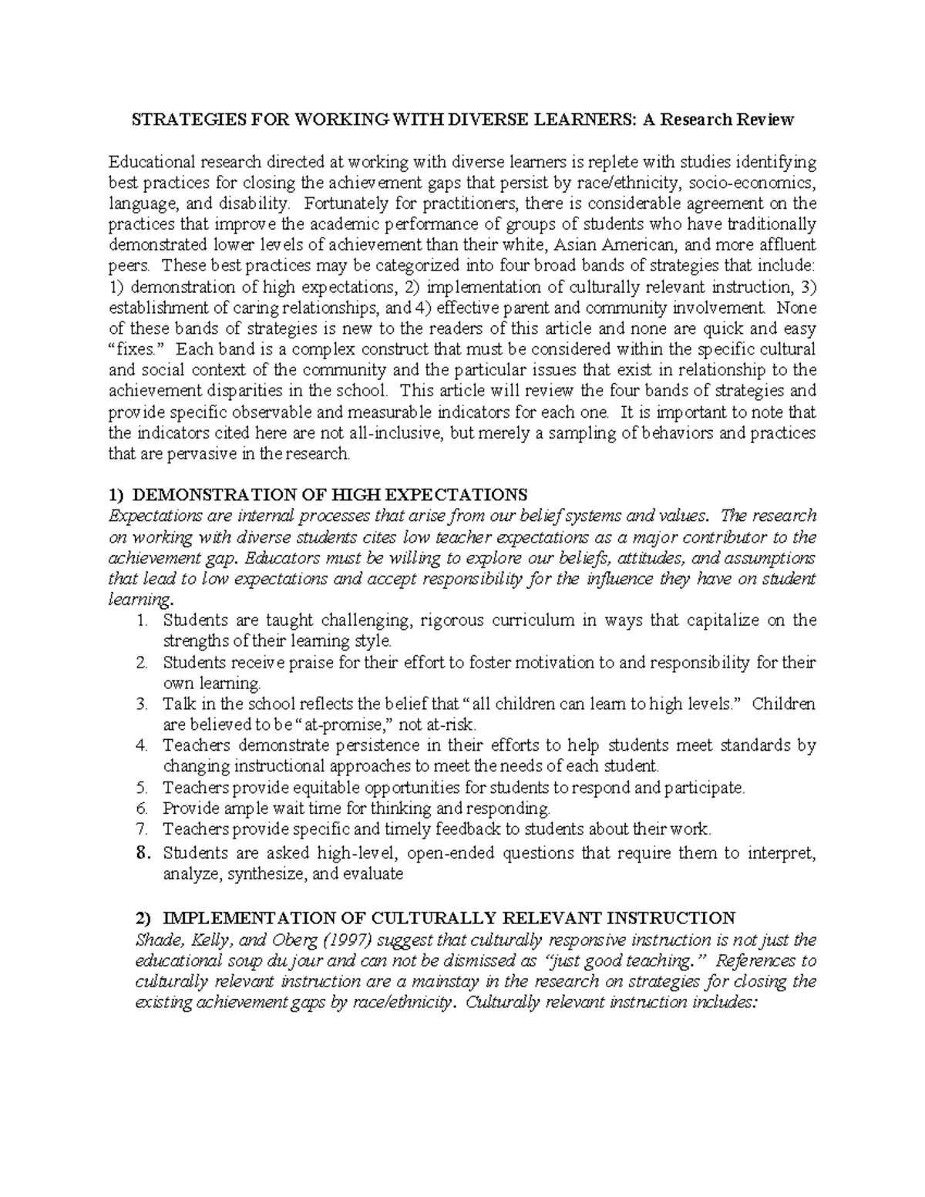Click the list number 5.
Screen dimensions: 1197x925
click(140, 787)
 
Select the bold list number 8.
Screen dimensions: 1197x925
click(140, 852)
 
